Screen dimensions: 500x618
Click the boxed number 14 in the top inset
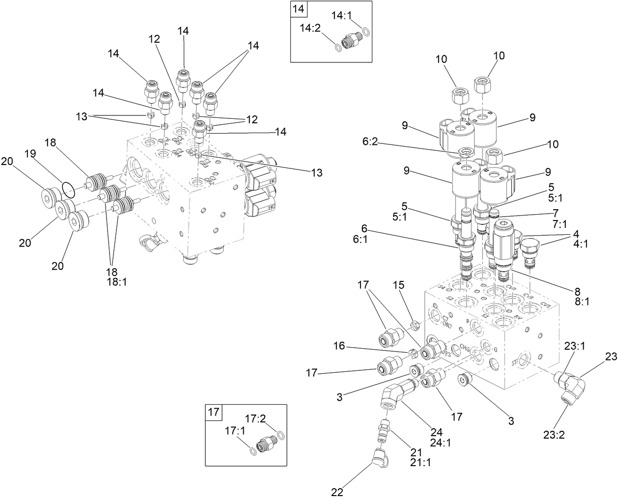click(x=298, y=8)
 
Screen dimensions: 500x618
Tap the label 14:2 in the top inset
click(x=310, y=28)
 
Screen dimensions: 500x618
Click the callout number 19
click(x=30, y=154)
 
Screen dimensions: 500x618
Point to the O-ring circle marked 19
click(x=69, y=190)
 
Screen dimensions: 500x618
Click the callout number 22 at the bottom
click(x=337, y=492)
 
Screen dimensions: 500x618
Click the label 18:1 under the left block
click(x=116, y=282)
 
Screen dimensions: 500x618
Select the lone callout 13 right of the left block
click(x=316, y=172)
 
